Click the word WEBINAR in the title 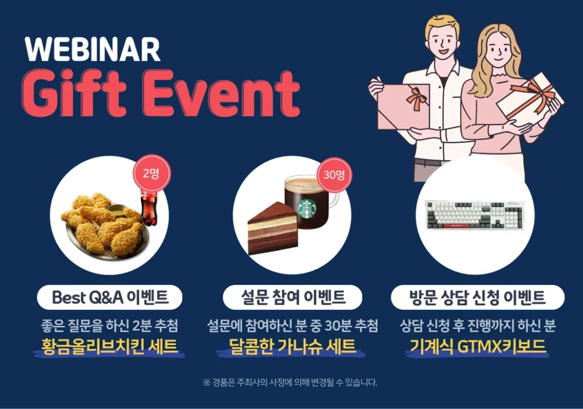click(x=93, y=49)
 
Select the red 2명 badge click(x=151, y=173)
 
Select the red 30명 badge click(x=334, y=175)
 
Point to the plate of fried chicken click(x=105, y=227)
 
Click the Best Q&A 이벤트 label click(x=110, y=297)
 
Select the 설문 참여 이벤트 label click(x=293, y=297)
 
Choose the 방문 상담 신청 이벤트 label click(x=478, y=297)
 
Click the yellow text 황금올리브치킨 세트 click(x=109, y=346)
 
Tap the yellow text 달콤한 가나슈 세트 click(x=292, y=346)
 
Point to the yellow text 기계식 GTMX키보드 click(x=478, y=346)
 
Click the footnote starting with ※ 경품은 click(x=290, y=382)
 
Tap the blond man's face click(x=443, y=42)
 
